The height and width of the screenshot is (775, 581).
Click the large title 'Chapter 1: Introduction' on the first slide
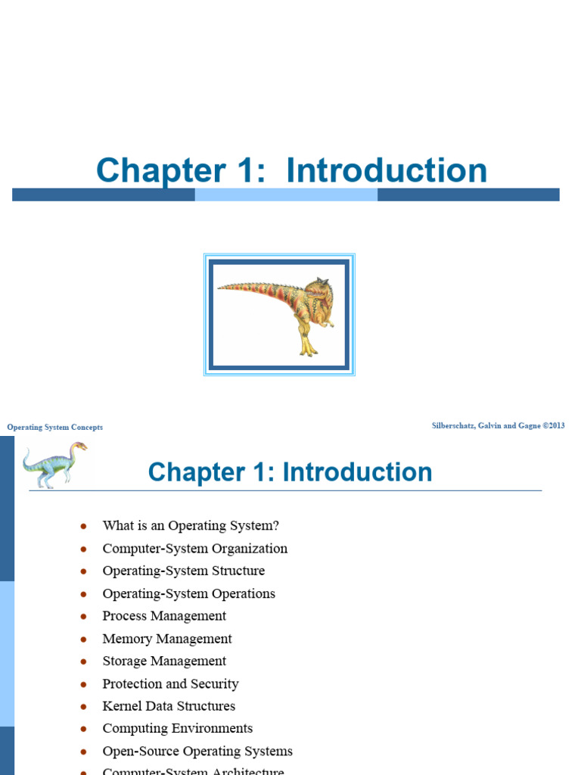(291, 170)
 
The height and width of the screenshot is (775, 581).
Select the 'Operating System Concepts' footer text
(55, 428)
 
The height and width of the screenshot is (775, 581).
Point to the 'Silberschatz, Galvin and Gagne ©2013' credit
(498, 426)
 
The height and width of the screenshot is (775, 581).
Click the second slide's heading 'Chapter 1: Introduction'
(290, 472)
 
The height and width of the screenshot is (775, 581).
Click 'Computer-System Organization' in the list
(195, 549)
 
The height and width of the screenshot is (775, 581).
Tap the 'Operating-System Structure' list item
(184, 571)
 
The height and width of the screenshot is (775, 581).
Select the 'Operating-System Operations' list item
(189, 593)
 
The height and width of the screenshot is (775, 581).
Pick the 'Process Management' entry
(164, 616)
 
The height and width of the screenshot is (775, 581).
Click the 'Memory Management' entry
(167, 639)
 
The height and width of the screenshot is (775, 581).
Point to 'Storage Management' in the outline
(164, 661)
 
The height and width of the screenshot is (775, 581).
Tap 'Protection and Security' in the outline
(170, 683)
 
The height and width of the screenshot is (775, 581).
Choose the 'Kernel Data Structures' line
(169, 706)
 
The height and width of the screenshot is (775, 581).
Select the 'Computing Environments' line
(178, 728)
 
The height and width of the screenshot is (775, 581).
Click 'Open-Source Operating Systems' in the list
(197, 751)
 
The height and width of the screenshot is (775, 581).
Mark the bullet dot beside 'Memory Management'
(84, 640)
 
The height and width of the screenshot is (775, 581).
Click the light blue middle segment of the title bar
(286, 195)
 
